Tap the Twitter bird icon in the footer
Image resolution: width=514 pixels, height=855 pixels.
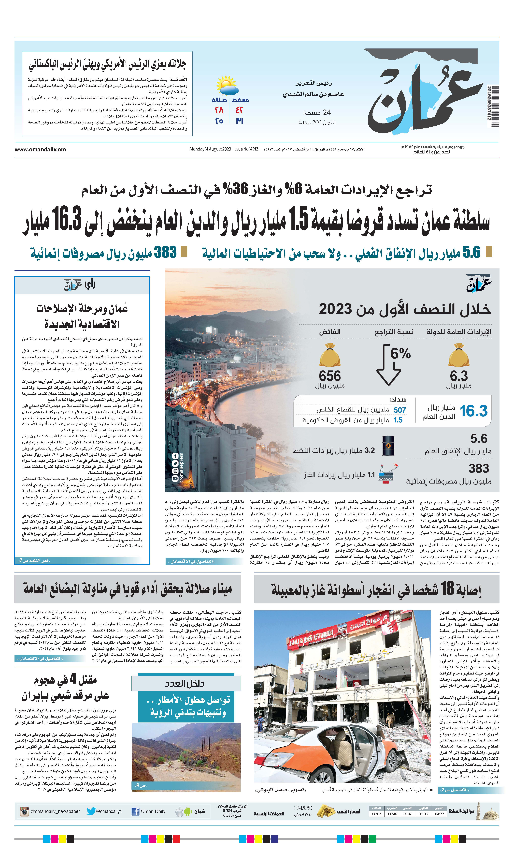point(91,811)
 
